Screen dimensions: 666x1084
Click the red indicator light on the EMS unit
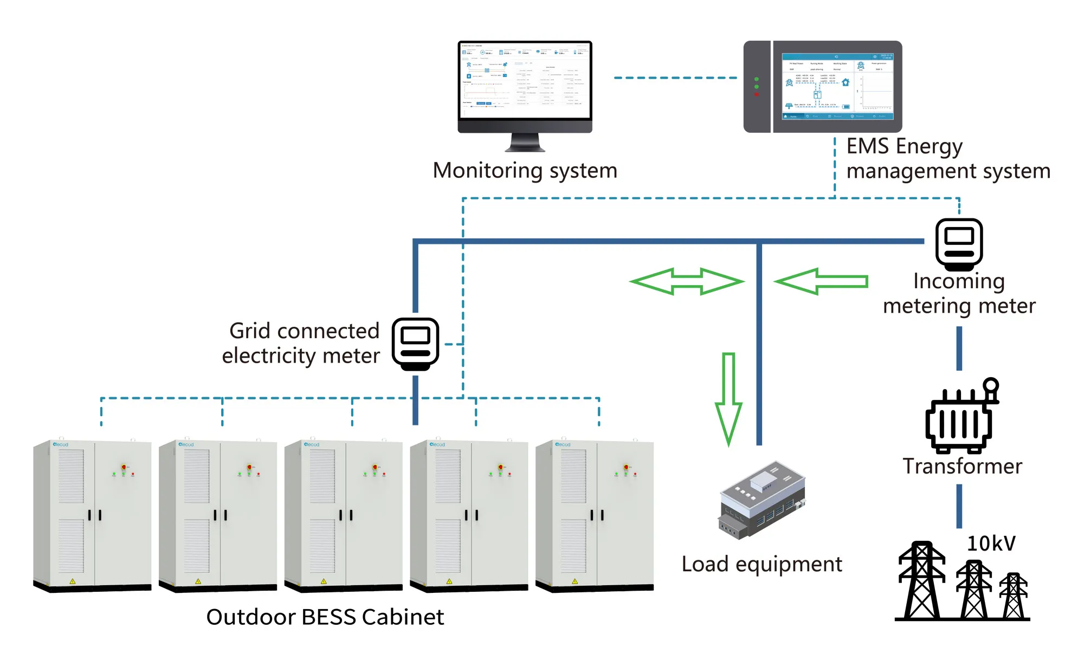[757, 95]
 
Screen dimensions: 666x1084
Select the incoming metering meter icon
[959, 244]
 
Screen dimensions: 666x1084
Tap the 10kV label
[991, 543]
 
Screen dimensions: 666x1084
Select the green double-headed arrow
[687, 281]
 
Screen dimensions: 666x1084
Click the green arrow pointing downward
[728, 398]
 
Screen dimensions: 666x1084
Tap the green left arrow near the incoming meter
[821, 281]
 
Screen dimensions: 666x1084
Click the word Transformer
[962, 466]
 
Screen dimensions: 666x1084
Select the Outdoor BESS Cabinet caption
[325, 617]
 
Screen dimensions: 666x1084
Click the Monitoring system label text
[525, 170]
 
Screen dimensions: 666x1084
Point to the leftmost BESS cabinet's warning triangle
[73, 581]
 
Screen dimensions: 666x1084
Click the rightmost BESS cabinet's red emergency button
[626, 467]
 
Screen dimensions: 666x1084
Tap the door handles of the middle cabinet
[345, 515]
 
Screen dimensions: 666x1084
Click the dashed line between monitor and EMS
[675, 78]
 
